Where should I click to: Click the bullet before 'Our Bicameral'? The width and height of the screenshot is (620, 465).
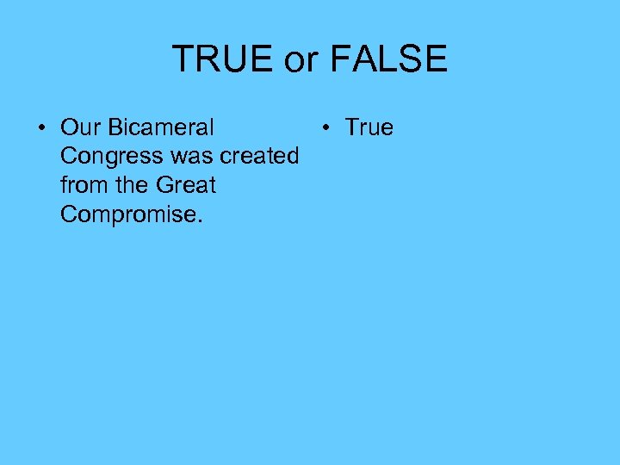point(41,128)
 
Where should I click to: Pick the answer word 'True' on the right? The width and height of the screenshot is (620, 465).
point(369,127)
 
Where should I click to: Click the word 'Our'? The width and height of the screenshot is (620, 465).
point(81,127)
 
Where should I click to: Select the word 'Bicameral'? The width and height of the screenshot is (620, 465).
point(161,127)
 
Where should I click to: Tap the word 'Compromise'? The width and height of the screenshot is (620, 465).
point(127,214)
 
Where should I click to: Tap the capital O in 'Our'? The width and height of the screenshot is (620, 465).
point(69,127)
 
